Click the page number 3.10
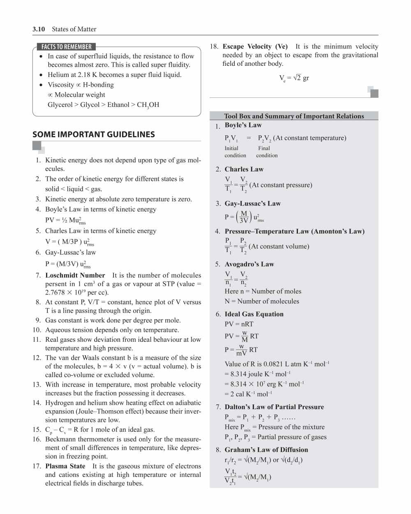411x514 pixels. [39, 29]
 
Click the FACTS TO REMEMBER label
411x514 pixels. [66, 47]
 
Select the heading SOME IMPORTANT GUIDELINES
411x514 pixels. [94, 134]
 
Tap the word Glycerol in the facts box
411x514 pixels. [60, 105]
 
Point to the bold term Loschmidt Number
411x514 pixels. [75, 276]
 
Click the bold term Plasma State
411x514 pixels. [65, 466]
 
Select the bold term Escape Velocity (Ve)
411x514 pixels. [255, 47]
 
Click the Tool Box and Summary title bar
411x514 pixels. [294, 116]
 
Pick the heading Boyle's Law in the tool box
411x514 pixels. [243, 125]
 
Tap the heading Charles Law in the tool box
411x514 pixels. [244, 169]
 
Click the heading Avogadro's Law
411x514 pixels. [249, 264]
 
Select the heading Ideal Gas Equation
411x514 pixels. [254, 314]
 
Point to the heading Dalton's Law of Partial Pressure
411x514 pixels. [274, 407]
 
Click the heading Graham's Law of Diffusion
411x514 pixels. [266, 450]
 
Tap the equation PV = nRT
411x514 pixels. [239, 324]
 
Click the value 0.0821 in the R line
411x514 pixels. [273, 364]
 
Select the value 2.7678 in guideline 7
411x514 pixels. [56, 293]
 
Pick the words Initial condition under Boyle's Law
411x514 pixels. [235, 152]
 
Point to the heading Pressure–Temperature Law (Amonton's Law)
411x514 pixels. [294, 232]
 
